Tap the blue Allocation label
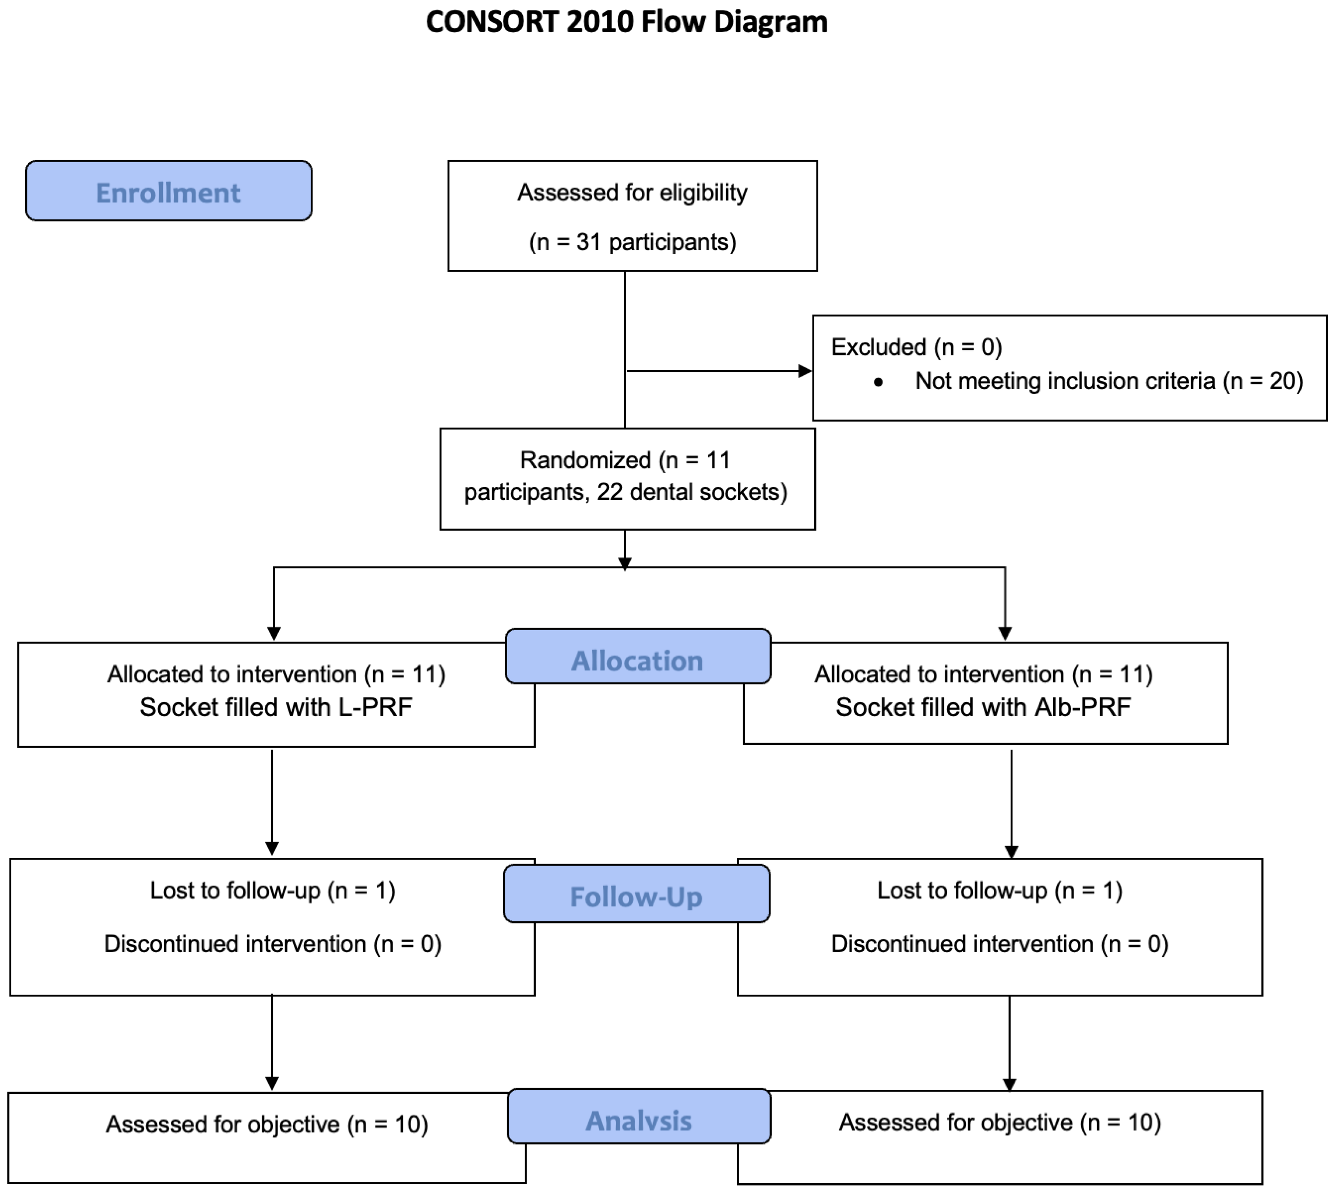[x=637, y=660]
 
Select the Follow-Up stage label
[x=636, y=896]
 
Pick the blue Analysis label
[x=638, y=1120]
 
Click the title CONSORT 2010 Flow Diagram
[x=627, y=22]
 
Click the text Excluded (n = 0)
[x=916, y=347]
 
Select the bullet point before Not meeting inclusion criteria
[x=878, y=382]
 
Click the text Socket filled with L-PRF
[x=276, y=707]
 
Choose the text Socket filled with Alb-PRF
[x=982, y=707]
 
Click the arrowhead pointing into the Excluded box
[x=804, y=371]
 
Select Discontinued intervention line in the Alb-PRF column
[x=999, y=943]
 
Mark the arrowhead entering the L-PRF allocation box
[x=274, y=634]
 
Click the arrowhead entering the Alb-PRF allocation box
[x=1005, y=634]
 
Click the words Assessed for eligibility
[x=632, y=193]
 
